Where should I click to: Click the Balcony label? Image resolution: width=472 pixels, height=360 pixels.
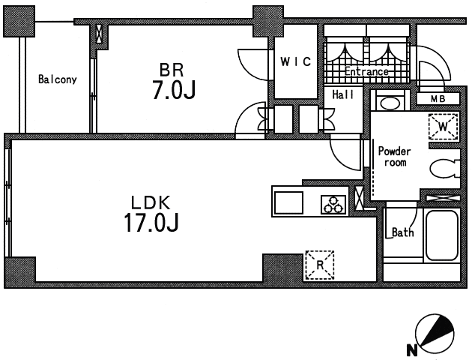(x=57, y=79)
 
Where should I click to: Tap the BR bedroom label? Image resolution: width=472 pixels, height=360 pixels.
(x=172, y=70)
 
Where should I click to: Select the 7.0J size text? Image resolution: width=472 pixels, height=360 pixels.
(x=174, y=90)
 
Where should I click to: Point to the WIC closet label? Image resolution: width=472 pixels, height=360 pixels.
(x=296, y=61)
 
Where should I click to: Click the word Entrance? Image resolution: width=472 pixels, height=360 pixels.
(x=366, y=71)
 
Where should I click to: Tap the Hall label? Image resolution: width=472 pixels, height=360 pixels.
(x=343, y=94)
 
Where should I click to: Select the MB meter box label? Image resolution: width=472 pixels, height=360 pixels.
(x=438, y=98)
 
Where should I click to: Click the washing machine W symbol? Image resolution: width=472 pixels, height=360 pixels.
(x=444, y=126)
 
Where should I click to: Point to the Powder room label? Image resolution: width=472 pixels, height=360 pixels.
(x=395, y=156)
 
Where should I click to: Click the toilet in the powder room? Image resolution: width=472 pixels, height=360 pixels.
(x=445, y=169)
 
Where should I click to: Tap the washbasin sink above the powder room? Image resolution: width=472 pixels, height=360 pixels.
(x=390, y=103)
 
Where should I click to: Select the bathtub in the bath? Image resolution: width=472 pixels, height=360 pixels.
(x=441, y=235)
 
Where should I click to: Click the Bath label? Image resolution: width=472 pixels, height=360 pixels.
(x=403, y=232)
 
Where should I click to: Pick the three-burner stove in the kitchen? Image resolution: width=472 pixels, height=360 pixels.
(x=333, y=205)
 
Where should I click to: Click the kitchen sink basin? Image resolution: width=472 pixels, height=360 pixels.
(x=288, y=202)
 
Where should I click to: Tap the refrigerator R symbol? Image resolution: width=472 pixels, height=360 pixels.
(x=320, y=265)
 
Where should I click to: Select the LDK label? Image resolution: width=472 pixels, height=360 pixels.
(x=151, y=202)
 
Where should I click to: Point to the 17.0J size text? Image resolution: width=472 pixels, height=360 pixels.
(x=151, y=222)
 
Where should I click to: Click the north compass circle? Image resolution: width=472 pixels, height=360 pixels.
(x=435, y=334)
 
